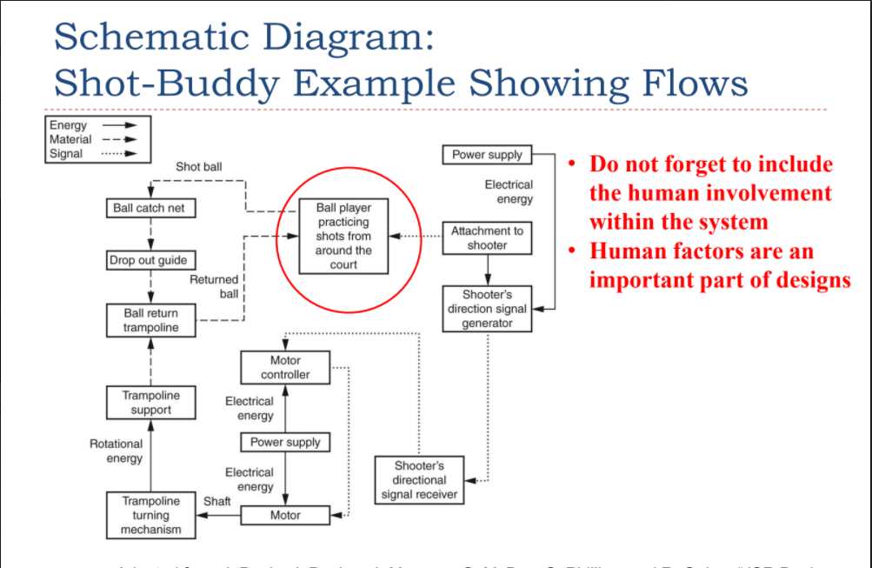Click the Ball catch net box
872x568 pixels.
tap(150, 209)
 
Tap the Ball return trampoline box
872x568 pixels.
tap(150, 320)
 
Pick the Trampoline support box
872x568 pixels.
tap(150, 403)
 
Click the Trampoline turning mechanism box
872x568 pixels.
tap(150, 515)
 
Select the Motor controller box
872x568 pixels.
tap(285, 367)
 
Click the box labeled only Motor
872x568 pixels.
tap(285, 515)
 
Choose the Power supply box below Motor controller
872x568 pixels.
tap(285, 442)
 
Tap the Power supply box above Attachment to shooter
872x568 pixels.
tap(487, 155)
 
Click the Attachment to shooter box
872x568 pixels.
tap(487, 237)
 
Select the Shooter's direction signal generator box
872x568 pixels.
tap(487, 309)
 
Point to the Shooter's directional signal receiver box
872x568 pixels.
tap(419, 479)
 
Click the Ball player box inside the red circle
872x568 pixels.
tap(343, 237)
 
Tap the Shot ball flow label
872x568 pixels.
tap(198, 166)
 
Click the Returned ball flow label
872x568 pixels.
tap(214, 286)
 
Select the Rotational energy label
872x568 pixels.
tap(116, 451)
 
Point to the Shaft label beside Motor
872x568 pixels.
tap(216, 501)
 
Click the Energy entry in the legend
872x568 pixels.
tap(68, 125)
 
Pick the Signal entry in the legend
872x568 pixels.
tap(66, 154)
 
